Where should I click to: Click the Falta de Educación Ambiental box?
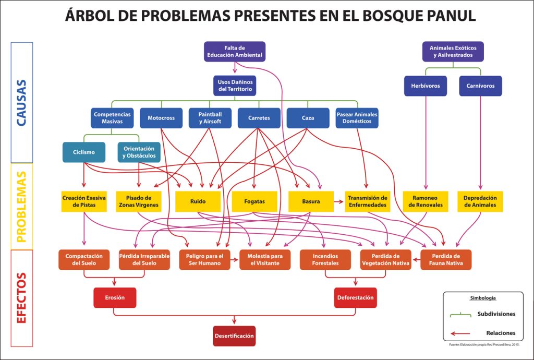coord(234,52)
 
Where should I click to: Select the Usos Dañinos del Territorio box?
coord(234,86)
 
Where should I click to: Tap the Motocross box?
coord(161,118)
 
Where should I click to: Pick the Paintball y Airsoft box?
coord(210,118)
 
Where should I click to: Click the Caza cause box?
coord(308,118)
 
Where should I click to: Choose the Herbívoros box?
coord(425,86)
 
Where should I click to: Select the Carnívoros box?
coord(480,86)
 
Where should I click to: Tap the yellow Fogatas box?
coord(254,201)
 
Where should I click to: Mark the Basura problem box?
coord(311,201)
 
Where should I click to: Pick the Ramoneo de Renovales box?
coord(425,201)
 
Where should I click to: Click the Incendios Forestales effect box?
coord(325,260)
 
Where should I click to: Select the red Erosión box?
coord(114,298)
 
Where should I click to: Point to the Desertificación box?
coord(234,336)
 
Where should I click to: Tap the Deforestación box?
coord(355,298)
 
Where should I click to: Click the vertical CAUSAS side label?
coord(22,102)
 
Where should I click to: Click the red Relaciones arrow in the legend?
coord(460,333)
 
